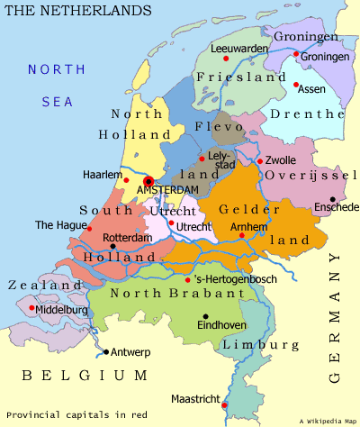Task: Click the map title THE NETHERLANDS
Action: pos(78,10)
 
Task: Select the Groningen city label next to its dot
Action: pos(324,56)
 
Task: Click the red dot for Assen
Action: pos(296,85)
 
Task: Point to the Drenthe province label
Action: pos(309,114)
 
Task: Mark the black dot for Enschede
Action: pos(332,199)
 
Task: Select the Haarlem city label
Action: pos(101,175)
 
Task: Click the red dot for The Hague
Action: pos(89,229)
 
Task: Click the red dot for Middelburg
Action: pos(33,308)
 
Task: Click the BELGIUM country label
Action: pos(78,375)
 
